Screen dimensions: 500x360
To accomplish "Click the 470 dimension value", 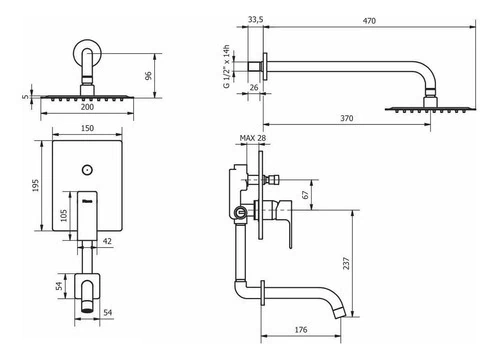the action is tap(369, 21).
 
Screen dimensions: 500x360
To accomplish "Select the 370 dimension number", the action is tap(347, 118).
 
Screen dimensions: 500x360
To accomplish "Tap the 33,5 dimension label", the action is tap(255, 20).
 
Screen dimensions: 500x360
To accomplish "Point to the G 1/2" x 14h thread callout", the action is tap(227, 66).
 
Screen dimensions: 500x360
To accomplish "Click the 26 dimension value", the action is tap(254, 88).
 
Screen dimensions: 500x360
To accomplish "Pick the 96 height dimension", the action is tap(148, 75).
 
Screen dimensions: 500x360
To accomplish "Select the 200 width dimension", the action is tap(87, 107).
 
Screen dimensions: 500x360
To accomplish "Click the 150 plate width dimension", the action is tap(87, 128).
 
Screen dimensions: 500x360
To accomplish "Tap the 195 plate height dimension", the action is tap(35, 185).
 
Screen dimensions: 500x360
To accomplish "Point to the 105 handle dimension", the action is tap(64, 215).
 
